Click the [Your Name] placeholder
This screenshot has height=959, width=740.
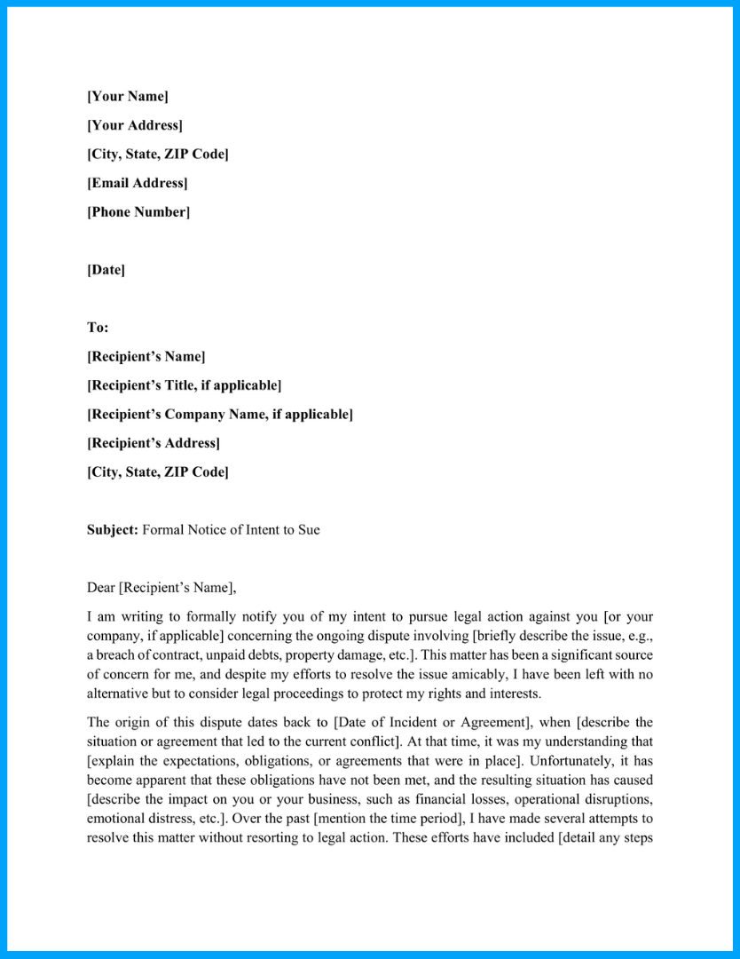128,96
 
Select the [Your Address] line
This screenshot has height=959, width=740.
135,125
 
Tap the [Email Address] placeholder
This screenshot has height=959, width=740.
138,183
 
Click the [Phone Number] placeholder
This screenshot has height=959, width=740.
138,211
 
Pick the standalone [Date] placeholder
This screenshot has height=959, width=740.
106,269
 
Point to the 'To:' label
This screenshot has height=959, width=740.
98,327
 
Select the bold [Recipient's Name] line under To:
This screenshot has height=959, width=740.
146,356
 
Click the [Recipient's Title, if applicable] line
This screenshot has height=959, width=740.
184,385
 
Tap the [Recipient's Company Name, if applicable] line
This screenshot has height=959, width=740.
219,414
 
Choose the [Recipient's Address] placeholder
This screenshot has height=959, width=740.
154,442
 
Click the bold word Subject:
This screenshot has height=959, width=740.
113,529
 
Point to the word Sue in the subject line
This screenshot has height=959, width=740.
308,529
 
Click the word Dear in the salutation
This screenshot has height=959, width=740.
101,587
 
